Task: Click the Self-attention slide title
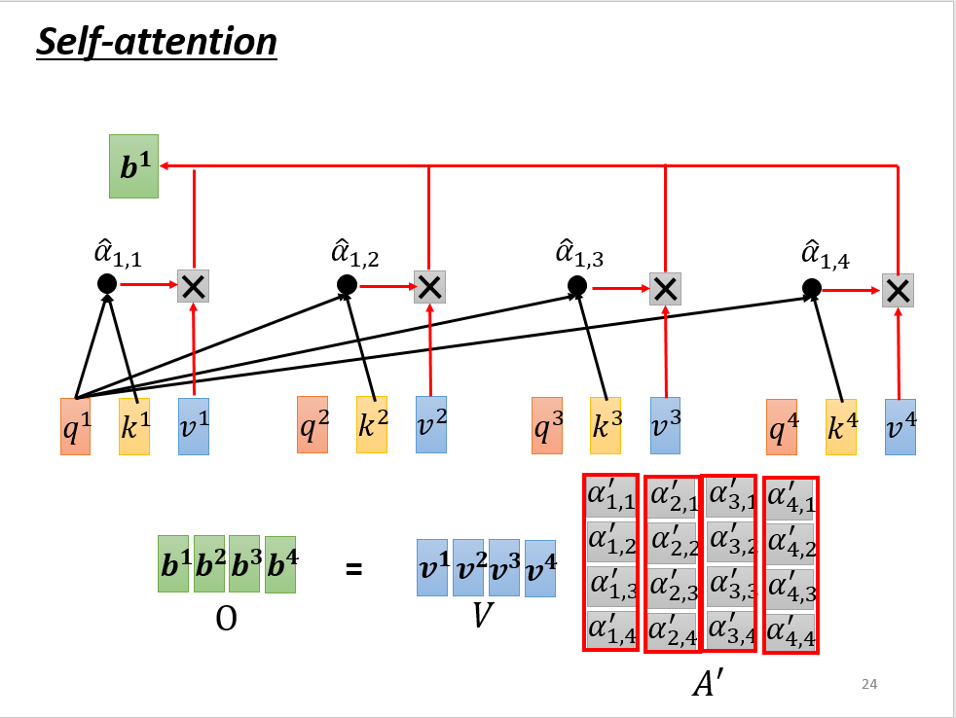[x=157, y=42]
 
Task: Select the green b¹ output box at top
[x=134, y=167]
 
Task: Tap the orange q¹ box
[x=75, y=426]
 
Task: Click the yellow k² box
[x=371, y=425]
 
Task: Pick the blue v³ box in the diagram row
[x=665, y=425]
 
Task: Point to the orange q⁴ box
[x=781, y=427]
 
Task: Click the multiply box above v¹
[x=194, y=285]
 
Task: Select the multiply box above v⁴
[x=898, y=289]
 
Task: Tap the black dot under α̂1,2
[x=347, y=284]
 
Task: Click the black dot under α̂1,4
[x=812, y=289]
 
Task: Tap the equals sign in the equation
[x=354, y=568]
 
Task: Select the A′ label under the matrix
[x=707, y=684]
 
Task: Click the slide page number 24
[x=869, y=685]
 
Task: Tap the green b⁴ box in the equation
[x=280, y=565]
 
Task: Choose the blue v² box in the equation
[x=468, y=568]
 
